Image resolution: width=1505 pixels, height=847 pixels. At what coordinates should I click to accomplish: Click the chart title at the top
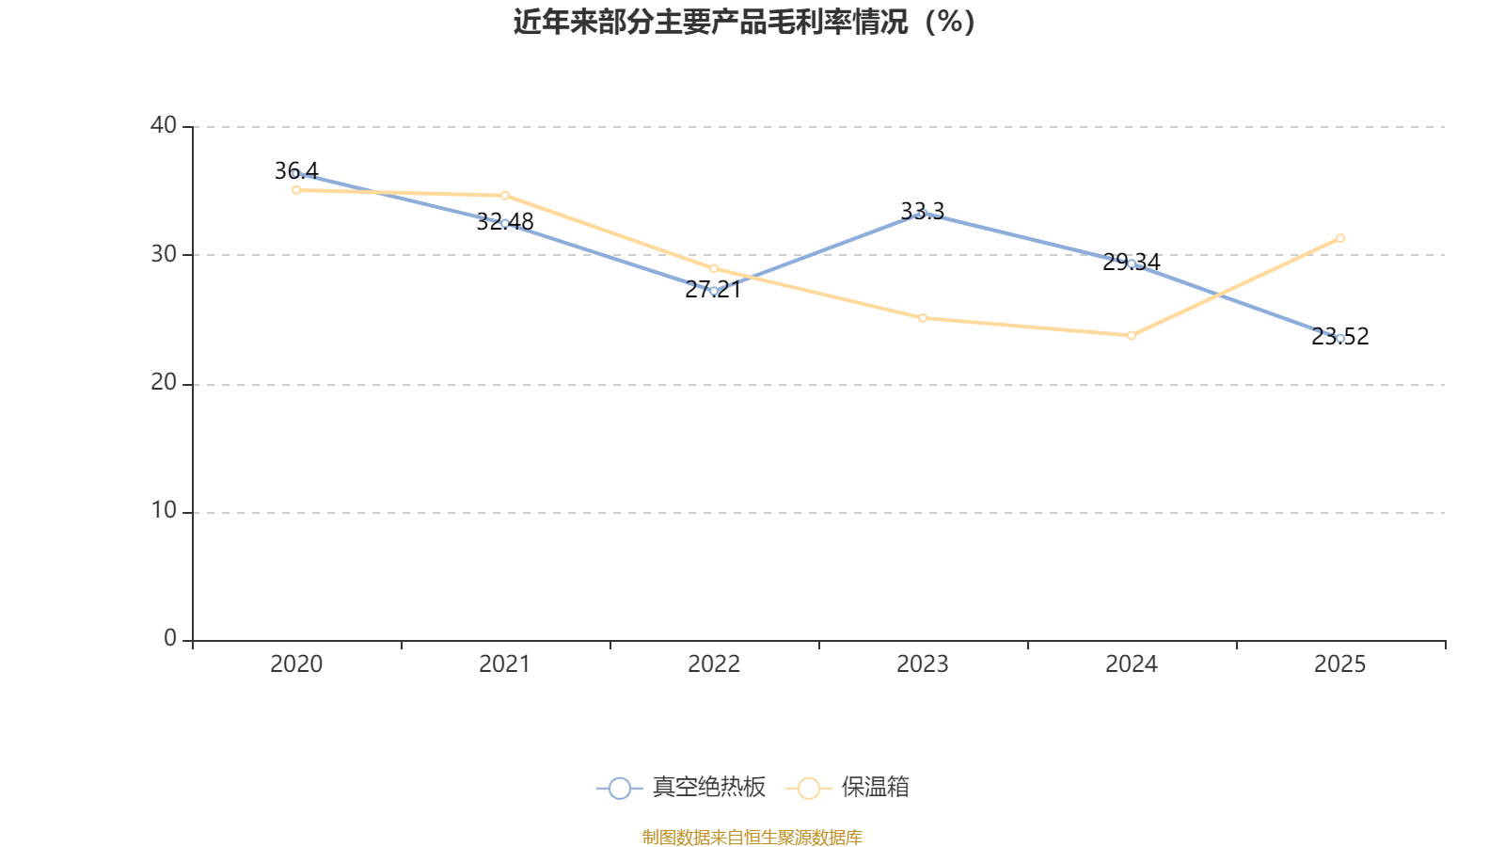tap(744, 23)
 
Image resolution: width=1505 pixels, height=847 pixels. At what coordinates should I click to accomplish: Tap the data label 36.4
tap(296, 170)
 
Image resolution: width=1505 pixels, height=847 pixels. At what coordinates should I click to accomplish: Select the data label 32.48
tap(504, 222)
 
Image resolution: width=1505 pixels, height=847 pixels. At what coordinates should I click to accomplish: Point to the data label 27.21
tap(713, 290)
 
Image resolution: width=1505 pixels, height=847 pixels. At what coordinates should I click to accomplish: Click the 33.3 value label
tap(923, 211)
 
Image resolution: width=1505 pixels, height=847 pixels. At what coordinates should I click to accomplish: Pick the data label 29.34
tap(1132, 263)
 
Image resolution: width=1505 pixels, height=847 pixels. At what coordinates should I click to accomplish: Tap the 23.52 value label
tap(1339, 336)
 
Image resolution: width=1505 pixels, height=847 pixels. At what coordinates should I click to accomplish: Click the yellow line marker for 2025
tap(1339, 238)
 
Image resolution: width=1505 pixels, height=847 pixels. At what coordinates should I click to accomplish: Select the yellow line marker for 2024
tap(1132, 335)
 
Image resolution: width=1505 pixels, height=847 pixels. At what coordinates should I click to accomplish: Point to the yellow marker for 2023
tap(923, 318)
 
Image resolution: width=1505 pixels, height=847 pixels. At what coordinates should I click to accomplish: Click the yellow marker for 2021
tap(505, 196)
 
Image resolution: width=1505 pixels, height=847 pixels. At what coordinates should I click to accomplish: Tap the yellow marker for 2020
tap(296, 190)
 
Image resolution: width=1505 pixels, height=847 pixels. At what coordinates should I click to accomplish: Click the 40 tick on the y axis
tap(164, 125)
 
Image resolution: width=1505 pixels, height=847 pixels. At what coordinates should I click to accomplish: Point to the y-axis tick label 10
tap(164, 511)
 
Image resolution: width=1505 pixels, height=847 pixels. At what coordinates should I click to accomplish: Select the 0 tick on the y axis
tap(170, 638)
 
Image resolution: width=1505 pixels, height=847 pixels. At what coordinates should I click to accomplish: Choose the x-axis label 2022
tap(714, 664)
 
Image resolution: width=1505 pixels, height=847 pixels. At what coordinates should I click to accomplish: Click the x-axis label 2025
tap(1339, 664)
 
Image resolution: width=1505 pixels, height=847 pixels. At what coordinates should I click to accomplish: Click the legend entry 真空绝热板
tap(681, 787)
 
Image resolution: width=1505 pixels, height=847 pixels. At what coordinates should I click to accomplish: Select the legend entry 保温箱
tap(848, 787)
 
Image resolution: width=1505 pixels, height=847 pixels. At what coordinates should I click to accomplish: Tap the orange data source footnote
tap(752, 837)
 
